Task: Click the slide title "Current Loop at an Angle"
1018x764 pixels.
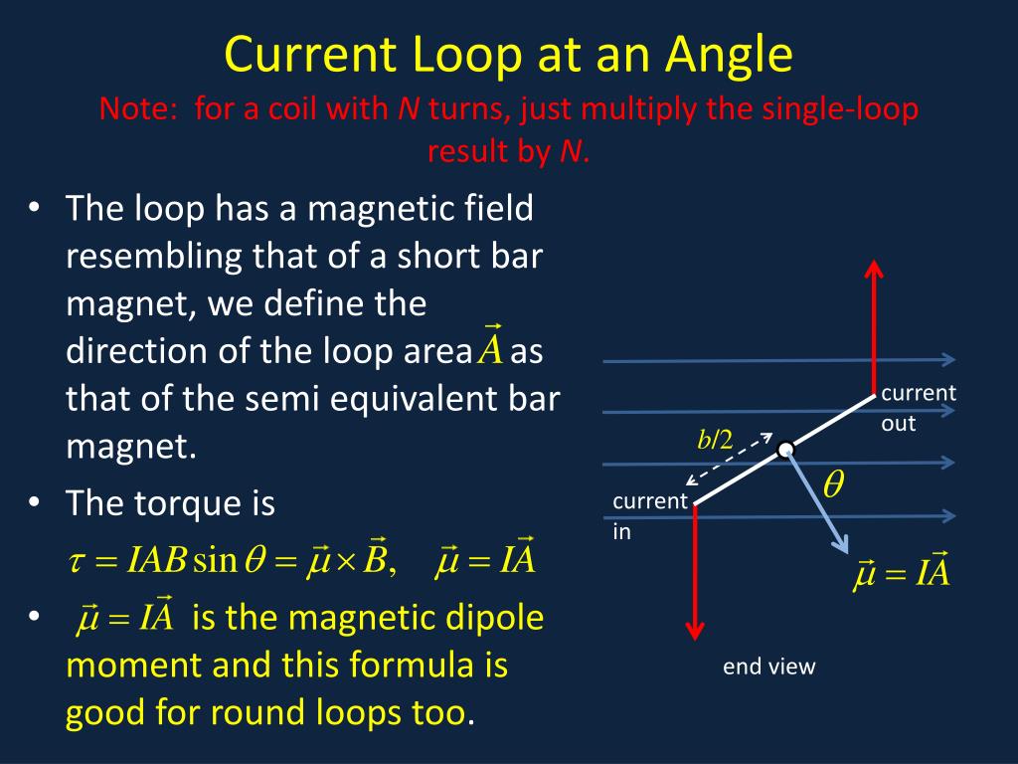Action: [508, 55]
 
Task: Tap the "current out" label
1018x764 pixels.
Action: [918, 408]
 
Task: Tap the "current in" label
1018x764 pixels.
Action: [650, 516]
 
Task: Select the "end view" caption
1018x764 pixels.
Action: [768, 667]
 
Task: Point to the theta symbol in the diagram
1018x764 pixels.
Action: [833, 484]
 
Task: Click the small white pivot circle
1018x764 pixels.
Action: [785, 450]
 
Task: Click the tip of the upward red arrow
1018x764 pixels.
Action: [873, 267]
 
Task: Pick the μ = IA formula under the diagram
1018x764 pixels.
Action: [902, 574]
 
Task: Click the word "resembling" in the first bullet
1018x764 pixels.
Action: [154, 256]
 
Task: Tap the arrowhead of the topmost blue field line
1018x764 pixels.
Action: [949, 359]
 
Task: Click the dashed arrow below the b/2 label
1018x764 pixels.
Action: [729, 460]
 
